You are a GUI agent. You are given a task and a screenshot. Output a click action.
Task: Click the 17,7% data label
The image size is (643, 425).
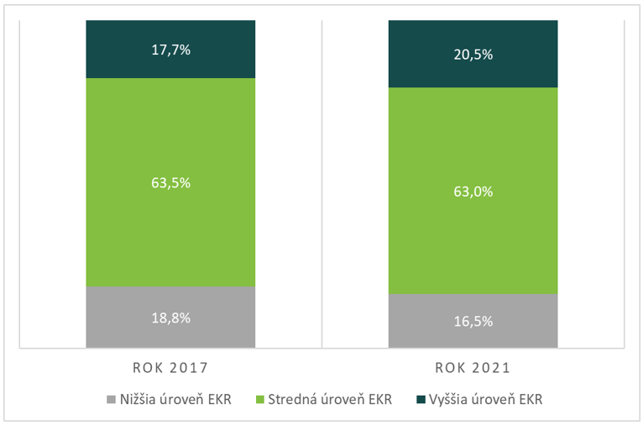point(170,50)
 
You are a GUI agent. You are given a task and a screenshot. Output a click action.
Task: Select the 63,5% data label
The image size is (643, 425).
point(170,181)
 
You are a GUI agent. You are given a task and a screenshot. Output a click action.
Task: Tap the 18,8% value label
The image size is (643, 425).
point(170,317)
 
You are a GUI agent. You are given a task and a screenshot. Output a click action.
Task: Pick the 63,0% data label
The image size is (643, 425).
point(473,191)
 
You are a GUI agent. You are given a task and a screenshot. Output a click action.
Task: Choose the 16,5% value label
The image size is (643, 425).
point(473,321)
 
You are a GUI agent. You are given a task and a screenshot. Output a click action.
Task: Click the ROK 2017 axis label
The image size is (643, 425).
point(170,368)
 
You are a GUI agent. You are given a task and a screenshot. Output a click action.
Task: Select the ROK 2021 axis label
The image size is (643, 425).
point(473,368)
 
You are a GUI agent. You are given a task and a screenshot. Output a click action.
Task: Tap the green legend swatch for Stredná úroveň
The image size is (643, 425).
point(259,399)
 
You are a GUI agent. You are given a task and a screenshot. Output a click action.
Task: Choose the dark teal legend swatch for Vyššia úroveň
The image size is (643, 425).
point(420,399)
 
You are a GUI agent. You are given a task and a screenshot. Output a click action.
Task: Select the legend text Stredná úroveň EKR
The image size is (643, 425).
point(329,399)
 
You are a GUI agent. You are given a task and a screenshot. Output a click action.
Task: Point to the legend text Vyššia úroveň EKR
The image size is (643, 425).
point(485,399)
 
